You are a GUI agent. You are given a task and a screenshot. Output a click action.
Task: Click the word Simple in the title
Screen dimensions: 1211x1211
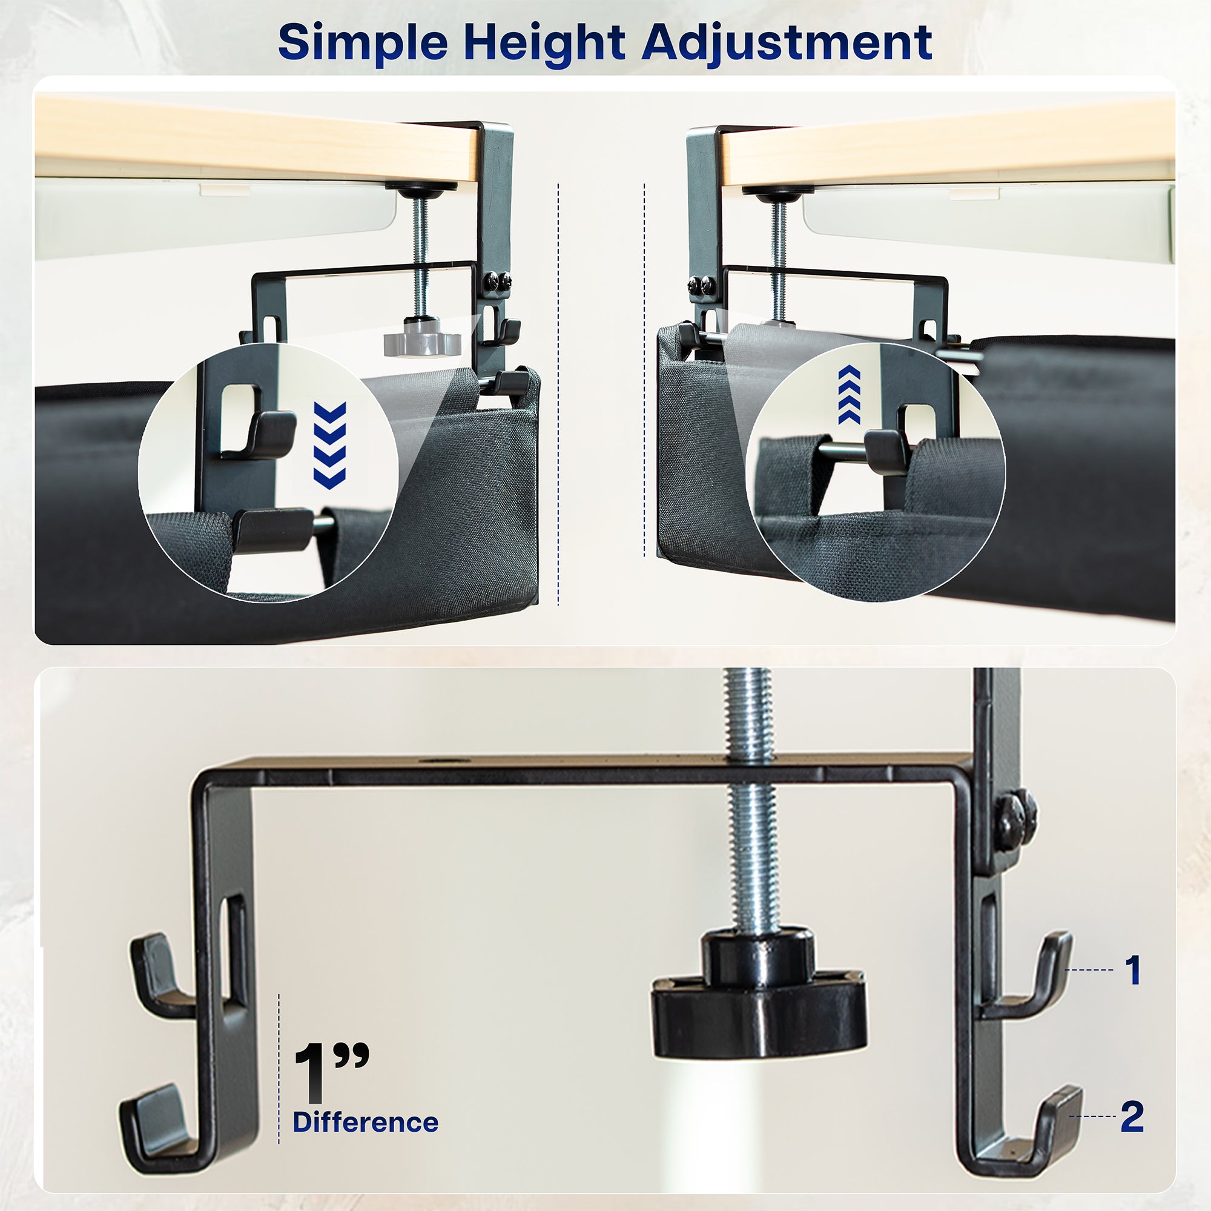click(x=362, y=42)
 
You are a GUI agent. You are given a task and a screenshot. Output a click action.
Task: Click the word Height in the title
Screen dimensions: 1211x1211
click(x=544, y=42)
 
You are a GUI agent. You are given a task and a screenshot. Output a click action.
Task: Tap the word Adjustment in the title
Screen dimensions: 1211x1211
click(x=787, y=42)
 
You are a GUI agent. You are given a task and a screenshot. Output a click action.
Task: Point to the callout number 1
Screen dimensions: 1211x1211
click(x=1133, y=970)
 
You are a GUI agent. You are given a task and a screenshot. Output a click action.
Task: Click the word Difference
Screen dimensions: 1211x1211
click(x=366, y=1122)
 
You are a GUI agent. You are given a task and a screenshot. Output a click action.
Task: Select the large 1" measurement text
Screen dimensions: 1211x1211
click(x=331, y=1072)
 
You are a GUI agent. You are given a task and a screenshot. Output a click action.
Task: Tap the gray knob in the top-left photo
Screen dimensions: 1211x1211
click(x=422, y=340)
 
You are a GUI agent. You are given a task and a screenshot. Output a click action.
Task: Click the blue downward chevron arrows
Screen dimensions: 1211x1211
click(x=330, y=445)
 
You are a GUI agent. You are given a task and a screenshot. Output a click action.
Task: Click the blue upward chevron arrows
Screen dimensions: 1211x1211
click(x=850, y=394)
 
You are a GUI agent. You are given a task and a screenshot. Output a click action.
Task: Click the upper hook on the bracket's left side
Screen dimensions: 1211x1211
click(x=157, y=978)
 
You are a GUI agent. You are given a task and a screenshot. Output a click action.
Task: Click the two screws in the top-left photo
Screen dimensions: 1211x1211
click(x=498, y=282)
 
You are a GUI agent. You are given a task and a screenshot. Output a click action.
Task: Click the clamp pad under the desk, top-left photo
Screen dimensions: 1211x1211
click(x=421, y=188)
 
